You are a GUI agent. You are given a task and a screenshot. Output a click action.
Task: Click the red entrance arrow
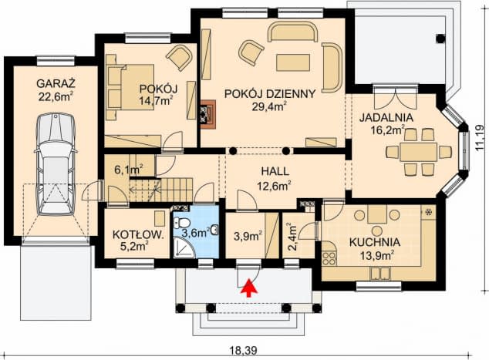pyautogui.click(x=248, y=288)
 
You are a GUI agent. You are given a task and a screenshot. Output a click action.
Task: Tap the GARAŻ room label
pyautogui.click(x=56, y=83)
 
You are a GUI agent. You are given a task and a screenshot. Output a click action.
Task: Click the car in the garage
pyautogui.click(x=56, y=164)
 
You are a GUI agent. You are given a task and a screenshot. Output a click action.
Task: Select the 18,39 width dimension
pyautogui.click(x=244, y=351)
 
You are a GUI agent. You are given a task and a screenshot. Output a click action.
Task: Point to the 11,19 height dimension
pyautogui.click(x=481, y=138)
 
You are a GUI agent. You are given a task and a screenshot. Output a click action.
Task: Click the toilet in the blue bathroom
pyautogui.click(x=182, y=223)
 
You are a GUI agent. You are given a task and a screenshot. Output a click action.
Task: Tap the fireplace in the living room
pyautogui.click(x=207, y=114)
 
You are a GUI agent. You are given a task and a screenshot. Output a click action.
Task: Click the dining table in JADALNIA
pyautogui.click(x=419, y=152)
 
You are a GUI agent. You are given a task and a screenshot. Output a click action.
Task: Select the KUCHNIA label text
pyautogui.click(x=375, y=242)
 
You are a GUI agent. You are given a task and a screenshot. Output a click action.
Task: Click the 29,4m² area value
pyautogui.click(x=269, y=106)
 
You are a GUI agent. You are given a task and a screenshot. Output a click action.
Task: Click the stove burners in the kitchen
pyautogui.click(x=329, y=258)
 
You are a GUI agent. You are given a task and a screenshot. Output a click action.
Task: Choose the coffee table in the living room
pyautogui.click(x=293, y=62)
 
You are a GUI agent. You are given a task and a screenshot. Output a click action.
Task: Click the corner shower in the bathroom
pyautogui.click(x=184, y=247)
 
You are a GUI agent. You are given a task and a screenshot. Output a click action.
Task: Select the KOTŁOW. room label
pyautogui.click(x=137, y=234)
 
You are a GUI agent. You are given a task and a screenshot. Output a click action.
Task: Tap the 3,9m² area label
pyautogui.click(x=248, y=236)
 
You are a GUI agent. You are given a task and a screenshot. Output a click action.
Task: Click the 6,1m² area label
pyautogui.click(x=129, y=170)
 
